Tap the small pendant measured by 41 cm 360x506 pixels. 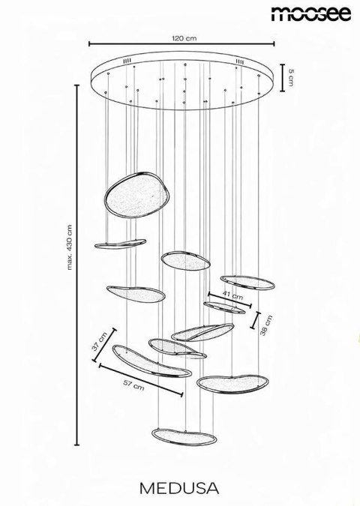tap(223, 307)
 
